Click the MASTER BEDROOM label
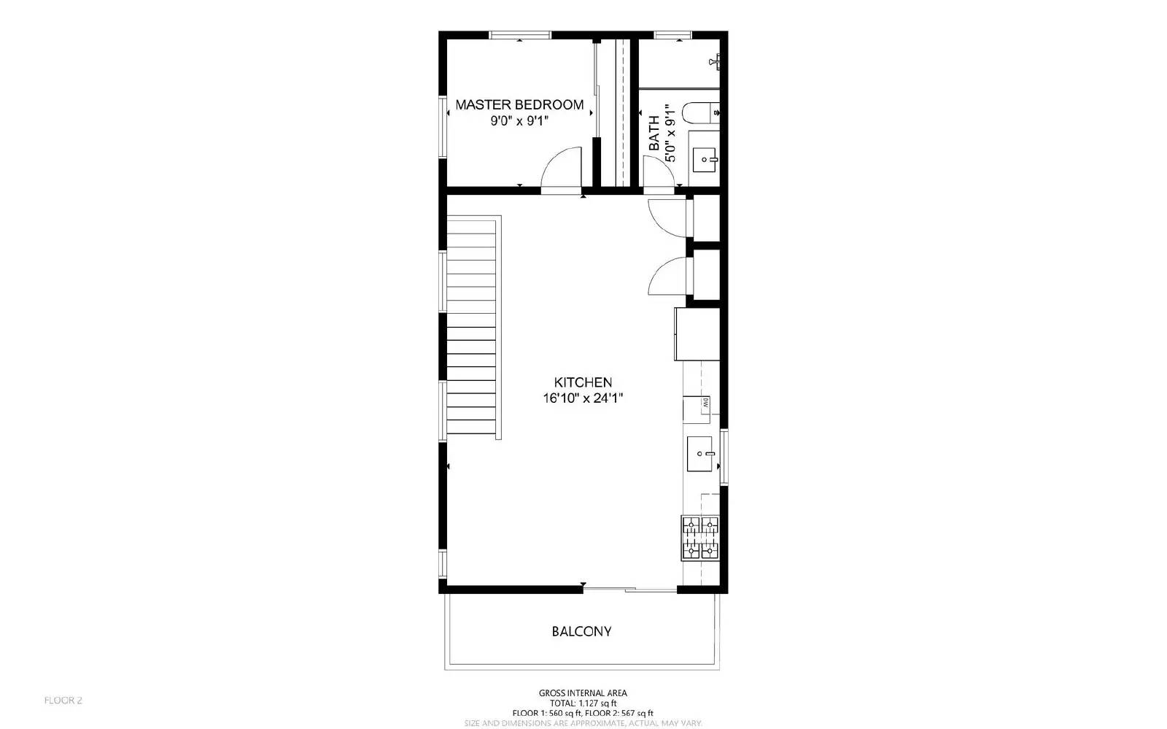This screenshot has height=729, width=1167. pos(519,104)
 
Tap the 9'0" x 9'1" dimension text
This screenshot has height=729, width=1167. pos(519,121)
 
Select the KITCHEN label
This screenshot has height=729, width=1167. pos(583,382)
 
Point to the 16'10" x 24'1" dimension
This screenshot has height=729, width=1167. pos(583,398)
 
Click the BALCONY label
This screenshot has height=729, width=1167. pos(581,631)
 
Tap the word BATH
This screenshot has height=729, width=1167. pos(654,134)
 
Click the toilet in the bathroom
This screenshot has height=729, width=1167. pos(699,113)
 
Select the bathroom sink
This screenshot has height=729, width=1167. pos(705,158)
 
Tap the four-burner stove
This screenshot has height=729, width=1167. pos(700,538)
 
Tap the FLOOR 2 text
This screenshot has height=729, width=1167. pos(63,701)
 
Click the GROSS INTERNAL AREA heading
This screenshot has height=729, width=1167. pos(583,693)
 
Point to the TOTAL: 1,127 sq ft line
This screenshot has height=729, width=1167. pos(583,703)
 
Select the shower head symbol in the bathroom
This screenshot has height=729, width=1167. pos(718,61)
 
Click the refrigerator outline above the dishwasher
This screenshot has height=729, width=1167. pos(698,333)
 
